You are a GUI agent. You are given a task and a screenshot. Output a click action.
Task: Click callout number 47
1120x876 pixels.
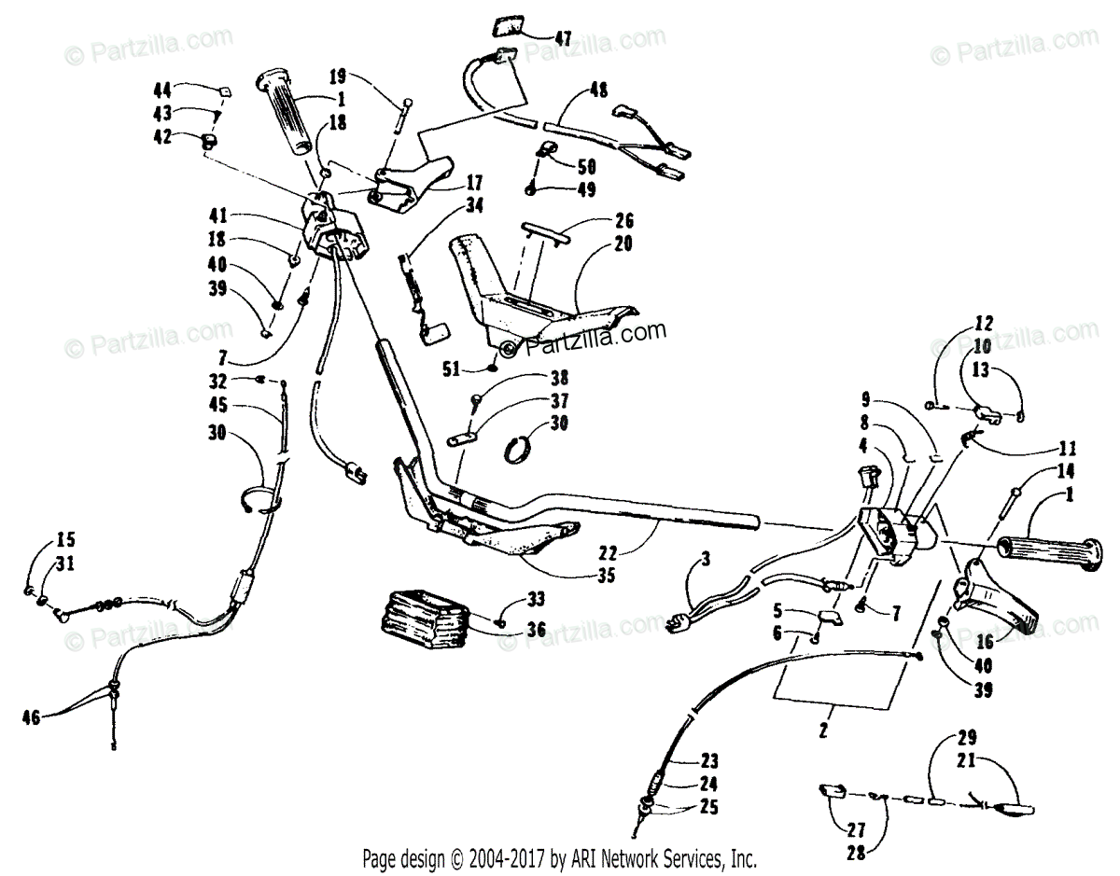[x=562, y=38]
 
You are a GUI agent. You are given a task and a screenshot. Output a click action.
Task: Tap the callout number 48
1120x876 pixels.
[x=598, y=91]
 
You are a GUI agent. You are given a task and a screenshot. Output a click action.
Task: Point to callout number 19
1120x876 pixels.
[x=337, y=74]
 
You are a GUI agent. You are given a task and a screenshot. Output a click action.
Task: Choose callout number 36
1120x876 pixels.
[x=535, y=631]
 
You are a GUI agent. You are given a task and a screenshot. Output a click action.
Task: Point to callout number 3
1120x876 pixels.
[x=706, y=560]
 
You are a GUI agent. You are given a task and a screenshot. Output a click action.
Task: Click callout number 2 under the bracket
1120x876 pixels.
[x=823, y=730]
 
